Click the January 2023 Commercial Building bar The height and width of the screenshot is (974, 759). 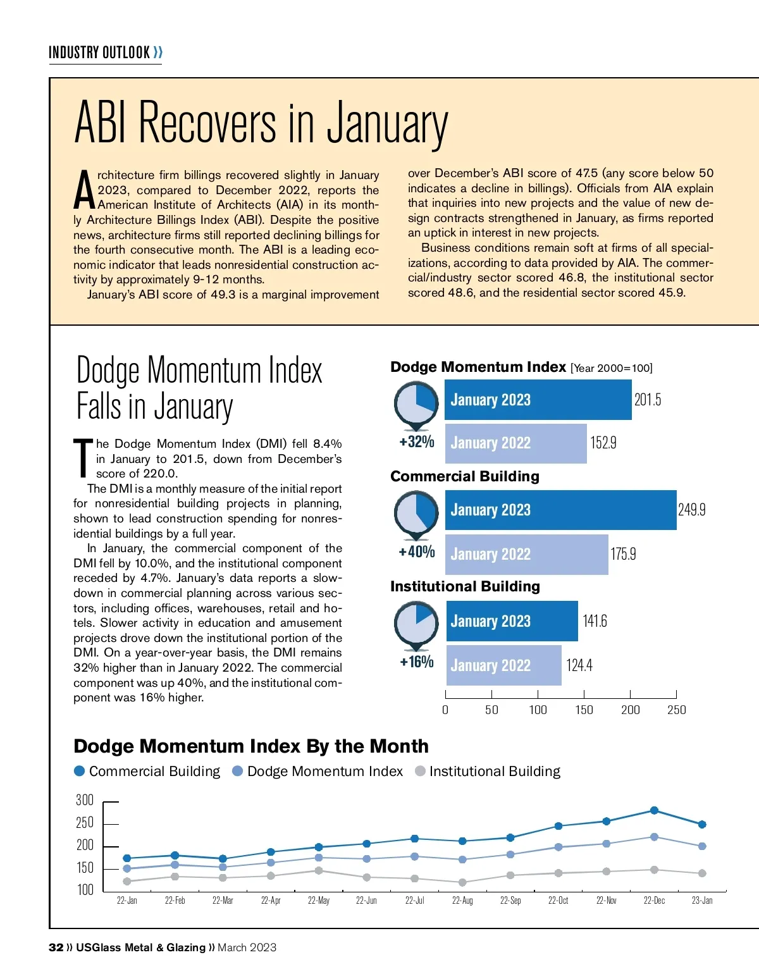point(560,510)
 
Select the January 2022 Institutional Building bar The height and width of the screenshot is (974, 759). point(503,665)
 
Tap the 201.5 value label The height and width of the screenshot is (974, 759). point(648,400)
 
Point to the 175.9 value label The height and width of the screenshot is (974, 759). point(623,554)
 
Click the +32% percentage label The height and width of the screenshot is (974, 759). point(417,441)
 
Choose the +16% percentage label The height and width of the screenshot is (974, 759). point(417,662)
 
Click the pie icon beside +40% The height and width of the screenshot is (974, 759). point(416,513)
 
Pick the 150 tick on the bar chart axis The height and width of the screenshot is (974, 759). point(584,710)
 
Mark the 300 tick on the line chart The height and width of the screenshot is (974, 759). point(85,800)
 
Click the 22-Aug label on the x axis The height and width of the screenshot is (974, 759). point(462,901)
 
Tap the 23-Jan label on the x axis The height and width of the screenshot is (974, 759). point(702,901)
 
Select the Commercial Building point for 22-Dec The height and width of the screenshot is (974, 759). point(654,810)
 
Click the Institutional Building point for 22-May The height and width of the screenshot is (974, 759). point(319,871)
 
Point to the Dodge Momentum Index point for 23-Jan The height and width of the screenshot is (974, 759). point(702,846)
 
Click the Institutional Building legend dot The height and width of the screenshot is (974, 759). point(420,771)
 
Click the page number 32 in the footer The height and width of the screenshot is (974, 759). point(56,947)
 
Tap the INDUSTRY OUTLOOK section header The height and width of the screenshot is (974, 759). point(99,52)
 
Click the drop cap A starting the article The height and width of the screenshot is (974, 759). point(84,190)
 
